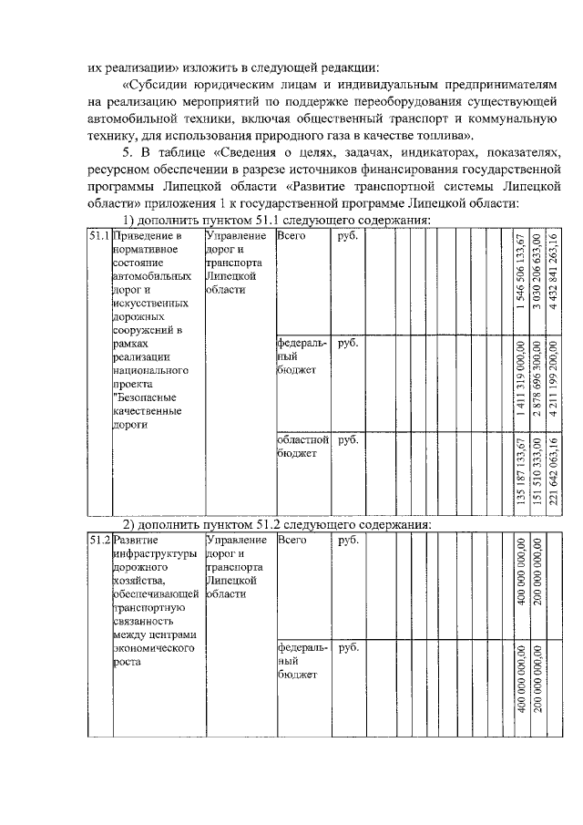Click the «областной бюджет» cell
click(302, 447)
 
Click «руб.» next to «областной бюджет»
click(348, 440)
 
